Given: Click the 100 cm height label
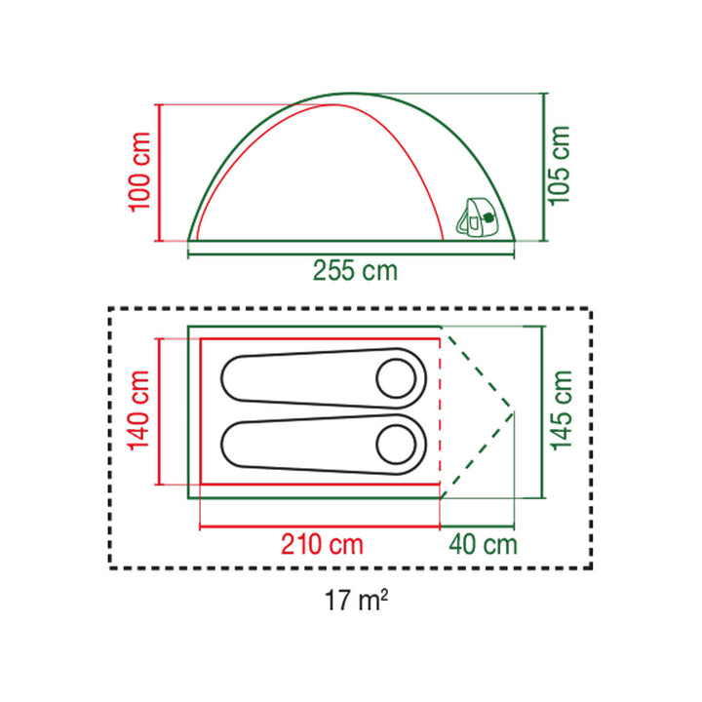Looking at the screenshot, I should tap(139, 172).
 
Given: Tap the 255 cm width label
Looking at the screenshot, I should tap(356, 270).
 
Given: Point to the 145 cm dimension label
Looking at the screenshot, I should tap(560, 409).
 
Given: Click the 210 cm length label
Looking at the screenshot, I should tap(323, 544).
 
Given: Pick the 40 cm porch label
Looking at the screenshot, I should tap(484, 544).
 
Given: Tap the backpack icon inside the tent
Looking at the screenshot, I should tap(478, 219).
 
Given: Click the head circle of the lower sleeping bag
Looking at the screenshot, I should tap(397, 444).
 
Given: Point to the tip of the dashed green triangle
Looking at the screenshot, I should tap(514, 410).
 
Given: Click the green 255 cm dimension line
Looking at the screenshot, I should tap(351, 253).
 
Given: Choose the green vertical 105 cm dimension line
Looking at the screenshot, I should tap(542, 166).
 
